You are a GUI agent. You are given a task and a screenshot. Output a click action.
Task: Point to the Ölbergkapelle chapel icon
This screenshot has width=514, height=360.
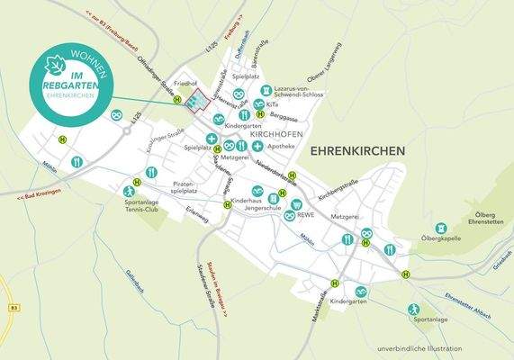440,229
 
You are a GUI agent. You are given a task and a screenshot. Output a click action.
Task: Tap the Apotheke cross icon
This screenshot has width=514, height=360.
257,145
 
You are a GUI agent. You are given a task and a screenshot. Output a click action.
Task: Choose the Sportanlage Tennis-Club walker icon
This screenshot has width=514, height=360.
129,191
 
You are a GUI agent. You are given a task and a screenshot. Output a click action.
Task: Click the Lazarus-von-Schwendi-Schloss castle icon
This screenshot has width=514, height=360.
266,90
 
